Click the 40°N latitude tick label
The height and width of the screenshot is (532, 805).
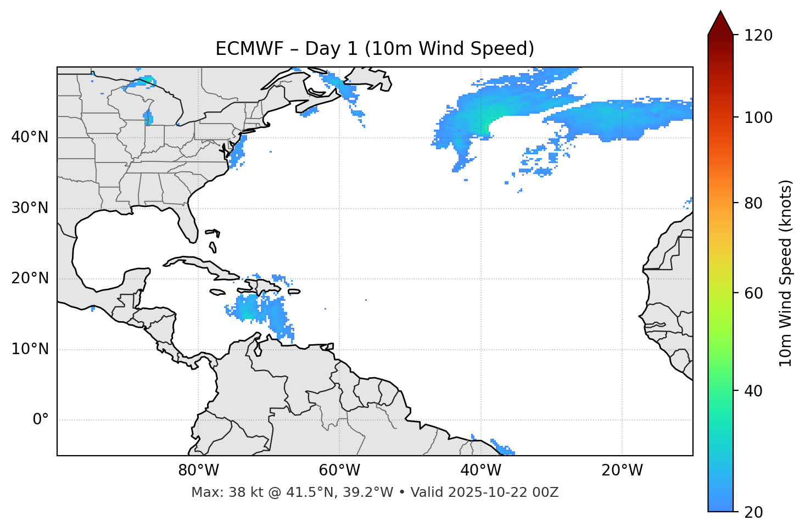pyautogui.click(x=30, y=137)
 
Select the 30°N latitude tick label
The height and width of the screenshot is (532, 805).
pyautogui.click(x=30, y=208)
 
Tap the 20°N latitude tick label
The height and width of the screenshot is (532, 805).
pyautogui.click(x=30, y=278)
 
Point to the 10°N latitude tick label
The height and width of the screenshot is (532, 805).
pyautogui.click(x=30, y=349)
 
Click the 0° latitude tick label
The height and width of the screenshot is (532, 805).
pyautogui.click(x=40, y=419)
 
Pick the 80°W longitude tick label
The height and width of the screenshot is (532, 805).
pyautogui.click(x=198, y=471)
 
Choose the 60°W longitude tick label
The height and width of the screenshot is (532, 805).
pyautogui.click(x=339, y=471)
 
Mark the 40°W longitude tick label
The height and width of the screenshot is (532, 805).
pyautogui.click(x=480, y=471)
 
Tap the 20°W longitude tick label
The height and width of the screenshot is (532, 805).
pyautogui.click(x=622, y=471)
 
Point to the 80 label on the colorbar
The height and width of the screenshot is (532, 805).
pyautogui.click(x=756, y=203)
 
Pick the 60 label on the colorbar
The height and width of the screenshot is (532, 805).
pyautogui.click(x=756, y=293)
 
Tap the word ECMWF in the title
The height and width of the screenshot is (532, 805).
pyautogui.click(x=241, y=49)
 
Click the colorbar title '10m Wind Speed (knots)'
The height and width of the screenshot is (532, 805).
pyautogui.click(x=786, y=273)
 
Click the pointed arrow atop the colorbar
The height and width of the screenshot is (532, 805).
pyautogui.click(x=720, y=23)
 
